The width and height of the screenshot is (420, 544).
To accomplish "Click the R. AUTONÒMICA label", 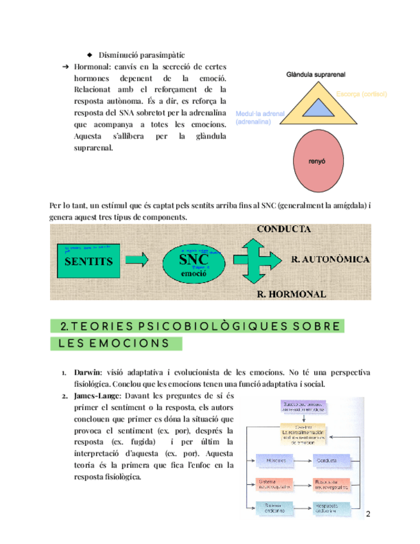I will [x=330, y=259].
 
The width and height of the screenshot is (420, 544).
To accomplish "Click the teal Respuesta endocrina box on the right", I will [x=332, y=507].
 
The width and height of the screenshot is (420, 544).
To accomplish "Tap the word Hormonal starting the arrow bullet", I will [x=94, y=67].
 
